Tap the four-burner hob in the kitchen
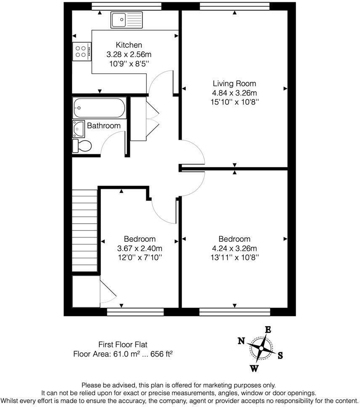point(82,51)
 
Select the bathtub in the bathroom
point(99,108)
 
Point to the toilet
point(82,146)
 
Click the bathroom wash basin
point(78,127)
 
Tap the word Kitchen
point(129,45)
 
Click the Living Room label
point(234,84)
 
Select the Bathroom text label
point(103,126)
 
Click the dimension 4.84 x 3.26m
point(234,93)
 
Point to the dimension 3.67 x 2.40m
point(140,248)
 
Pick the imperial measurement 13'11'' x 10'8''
point(234,257)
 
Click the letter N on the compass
point(241,341)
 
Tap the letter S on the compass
point(280,355)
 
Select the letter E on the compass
point(267,330)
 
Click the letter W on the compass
point(254,369)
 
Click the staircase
point(85,231)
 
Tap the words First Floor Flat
point(123,344)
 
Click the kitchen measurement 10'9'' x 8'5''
point(129,63)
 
